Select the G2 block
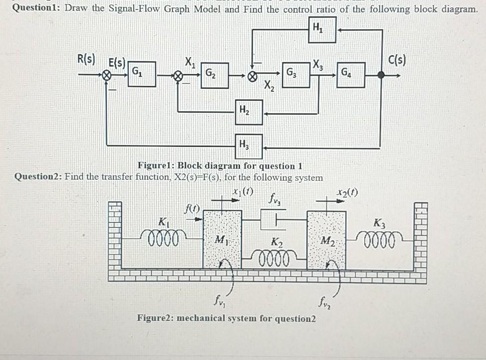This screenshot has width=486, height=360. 215,75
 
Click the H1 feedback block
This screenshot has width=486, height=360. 323,30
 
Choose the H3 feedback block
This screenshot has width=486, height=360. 249,146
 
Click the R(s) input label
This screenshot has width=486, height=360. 86,60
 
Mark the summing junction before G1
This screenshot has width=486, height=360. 106,76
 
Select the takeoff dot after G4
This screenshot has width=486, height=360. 381,75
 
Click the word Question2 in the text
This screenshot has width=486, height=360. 38,177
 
